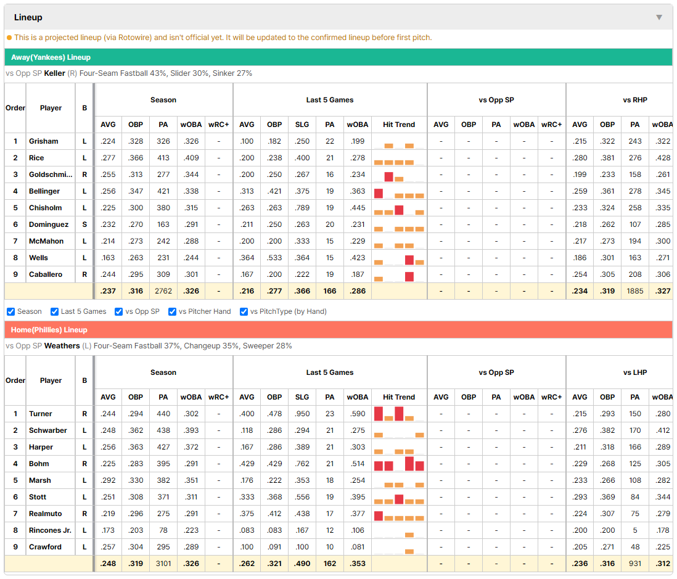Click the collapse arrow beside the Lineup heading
pyautogui.click(x=659, y=17)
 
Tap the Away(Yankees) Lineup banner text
pyautogui.click(x=51, y=57)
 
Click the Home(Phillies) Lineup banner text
pyautogui.click(x=49, y=330)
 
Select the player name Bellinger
pyautogui.click(x=44, y=191)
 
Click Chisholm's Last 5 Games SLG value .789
pyautogui.click(x=302, y=208)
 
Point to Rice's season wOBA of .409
pyautogui.click(x=191, y=158)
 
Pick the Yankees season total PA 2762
pyautogui.click(x=163, y=291)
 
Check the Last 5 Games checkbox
pyautogui.click(x=54, y=312)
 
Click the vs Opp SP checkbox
pyautogui.click(x=119, y=312)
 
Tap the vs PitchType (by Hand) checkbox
pyautogui.click(x=244, y=312)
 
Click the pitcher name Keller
pyautogui.click(x=54, y=73)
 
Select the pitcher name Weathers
pyautogui.click(x=62, y=346)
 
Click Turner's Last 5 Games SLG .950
pyautogui.click(x=302, y=414)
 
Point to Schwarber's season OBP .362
pyautogui.click(x=136, y=430)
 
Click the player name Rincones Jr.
pyautogui.click(x=50, y=530)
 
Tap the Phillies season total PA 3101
pyautogui.click(x=163, y=564)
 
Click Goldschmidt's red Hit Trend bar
pyautogui.click(x=388, y=176)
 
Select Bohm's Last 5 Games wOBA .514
pyautogui.click(x=358, y=464)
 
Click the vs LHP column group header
pyautogui.click(x=634, y=372)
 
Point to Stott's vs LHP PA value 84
pyautogui.click(x=634, y=497)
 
